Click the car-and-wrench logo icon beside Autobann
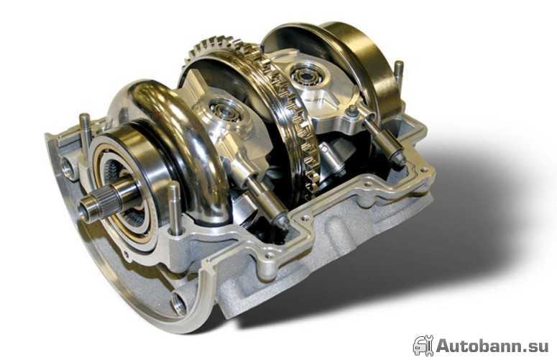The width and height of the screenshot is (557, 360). point(423,346)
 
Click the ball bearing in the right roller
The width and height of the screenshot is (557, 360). point(303,75)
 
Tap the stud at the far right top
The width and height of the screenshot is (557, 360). point(399,75)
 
